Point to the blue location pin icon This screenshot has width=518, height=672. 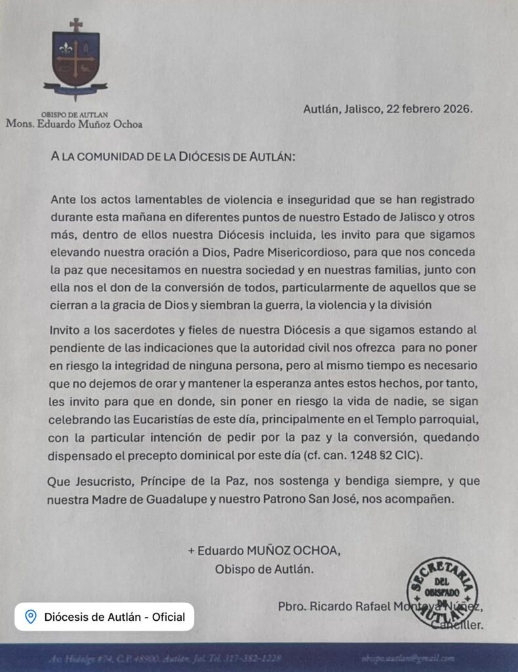point(30,617)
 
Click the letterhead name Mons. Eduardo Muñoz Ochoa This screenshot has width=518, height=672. point(74,123)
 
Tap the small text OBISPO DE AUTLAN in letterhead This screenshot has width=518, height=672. point(73,114)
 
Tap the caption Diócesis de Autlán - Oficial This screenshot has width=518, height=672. point(114,617)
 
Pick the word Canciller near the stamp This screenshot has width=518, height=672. point(459,625)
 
